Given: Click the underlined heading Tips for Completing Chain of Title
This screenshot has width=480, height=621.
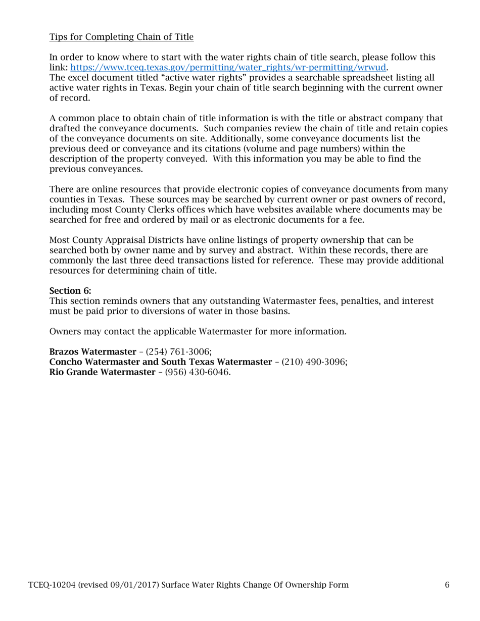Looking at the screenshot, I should click(x=121, y=37).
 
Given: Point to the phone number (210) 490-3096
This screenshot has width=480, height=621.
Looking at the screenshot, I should click(x=314, y=362).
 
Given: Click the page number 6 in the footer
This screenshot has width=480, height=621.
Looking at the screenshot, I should click(x=447, y=585).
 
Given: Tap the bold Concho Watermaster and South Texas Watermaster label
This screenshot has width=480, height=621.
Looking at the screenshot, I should click(x=160, y=362).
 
